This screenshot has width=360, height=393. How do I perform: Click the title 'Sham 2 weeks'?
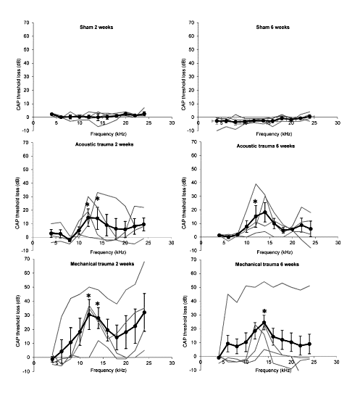[x=96, y=27]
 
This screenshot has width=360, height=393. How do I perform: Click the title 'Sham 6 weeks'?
[x=272, y=27]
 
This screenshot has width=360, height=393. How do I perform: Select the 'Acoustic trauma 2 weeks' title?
[x=104, y=144]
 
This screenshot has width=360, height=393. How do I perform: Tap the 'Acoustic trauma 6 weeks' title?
[x=266, y=146]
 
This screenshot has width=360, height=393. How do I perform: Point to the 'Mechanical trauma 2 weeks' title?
[x=102, y=264]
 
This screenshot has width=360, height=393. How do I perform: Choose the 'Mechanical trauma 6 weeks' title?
[x=267, y=265]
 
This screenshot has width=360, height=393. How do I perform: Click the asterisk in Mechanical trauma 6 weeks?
[x=264, y=312]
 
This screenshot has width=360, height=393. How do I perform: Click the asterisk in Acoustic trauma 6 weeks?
[x=255, y=202]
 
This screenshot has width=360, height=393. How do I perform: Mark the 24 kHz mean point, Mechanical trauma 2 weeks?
[x=144, y=313]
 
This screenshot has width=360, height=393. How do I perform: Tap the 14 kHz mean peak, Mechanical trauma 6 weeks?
[x=264, y=323]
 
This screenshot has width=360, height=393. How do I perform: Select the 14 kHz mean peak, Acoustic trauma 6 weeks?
[x=264, y=212]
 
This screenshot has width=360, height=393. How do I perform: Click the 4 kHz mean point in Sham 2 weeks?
[x=52, y=114]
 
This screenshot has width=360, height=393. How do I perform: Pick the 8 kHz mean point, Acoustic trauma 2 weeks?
[x=70, y=240]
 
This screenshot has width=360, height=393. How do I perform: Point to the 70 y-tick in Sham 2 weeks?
[x=27, y=22]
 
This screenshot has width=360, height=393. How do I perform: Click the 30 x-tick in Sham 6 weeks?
[x=338, y=123]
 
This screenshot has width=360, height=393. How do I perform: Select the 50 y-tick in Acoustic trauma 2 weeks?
[x=26, y=170]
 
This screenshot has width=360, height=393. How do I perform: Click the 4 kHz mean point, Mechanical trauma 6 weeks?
[x=219, y=357]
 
